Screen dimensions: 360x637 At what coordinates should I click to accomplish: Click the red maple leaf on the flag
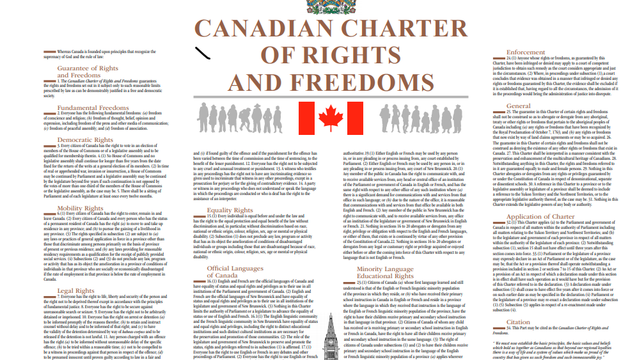[331, 118]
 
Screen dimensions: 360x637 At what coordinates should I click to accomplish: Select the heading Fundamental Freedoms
[93, 108]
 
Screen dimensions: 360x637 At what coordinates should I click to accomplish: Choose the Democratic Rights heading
[85, 139]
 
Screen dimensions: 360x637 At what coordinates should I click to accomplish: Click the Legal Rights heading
[75, 290]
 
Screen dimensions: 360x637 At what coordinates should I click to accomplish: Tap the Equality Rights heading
[230, 210]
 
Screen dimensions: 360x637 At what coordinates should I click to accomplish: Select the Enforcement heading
[526, 52]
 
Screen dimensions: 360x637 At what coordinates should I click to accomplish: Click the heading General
[518, 106]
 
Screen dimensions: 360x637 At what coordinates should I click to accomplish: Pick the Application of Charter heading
[541, 217]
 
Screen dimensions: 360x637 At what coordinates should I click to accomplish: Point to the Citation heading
[518, 322]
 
